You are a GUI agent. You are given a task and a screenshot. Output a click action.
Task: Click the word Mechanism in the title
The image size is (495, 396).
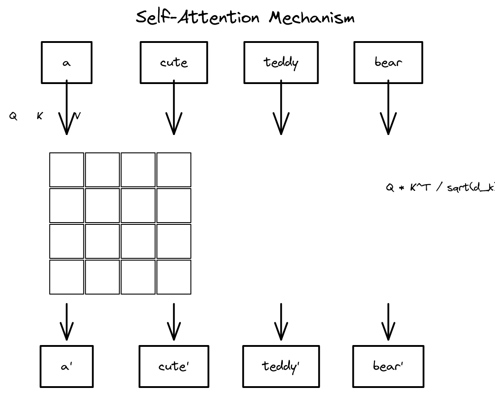(x=312, y=18)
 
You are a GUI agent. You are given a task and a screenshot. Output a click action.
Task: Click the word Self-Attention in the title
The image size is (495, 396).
(x=197, y=18)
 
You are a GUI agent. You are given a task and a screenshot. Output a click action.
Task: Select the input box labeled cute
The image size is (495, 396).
(x=174, y=63)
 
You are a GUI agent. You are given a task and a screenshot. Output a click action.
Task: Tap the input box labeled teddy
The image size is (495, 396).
(x=281, y=63)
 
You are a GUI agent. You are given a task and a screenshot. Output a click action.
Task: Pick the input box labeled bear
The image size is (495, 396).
(x=388, y=63)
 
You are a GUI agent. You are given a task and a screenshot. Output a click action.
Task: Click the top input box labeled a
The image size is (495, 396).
(x=67, y=63)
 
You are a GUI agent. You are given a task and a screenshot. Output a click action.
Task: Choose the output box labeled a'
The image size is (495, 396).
(x=67, y=367)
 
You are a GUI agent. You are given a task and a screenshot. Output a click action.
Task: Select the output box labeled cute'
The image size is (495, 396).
(x=174, y=367)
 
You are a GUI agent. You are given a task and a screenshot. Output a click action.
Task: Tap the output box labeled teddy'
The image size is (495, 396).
(x=281, y=367)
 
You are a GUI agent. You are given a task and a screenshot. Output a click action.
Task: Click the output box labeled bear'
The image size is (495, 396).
(x=388, y=367)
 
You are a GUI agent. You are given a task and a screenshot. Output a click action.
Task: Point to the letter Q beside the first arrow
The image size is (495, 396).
(x=13, y=117)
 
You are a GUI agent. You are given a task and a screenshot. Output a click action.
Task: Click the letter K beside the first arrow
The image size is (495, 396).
(x=40, y=116)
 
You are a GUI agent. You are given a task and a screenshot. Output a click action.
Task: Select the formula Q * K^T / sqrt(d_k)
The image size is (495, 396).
(x=440, y=188)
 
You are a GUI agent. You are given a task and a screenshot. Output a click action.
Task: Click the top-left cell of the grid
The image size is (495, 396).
(x=67, y=170)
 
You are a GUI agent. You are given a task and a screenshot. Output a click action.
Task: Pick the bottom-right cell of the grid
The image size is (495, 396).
(x=174, y=277)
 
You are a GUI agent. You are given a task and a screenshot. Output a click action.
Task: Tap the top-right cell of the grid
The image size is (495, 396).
(x=174, y=170)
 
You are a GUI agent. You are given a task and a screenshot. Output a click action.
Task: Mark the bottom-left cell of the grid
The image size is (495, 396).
(x=67, y=277)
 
